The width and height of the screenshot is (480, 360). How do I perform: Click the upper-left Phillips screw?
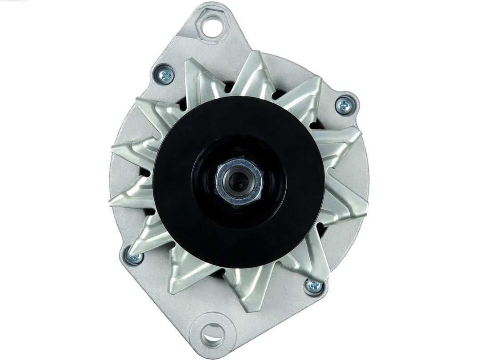tap(164, 74)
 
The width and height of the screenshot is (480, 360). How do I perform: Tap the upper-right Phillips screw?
tap(345, 105)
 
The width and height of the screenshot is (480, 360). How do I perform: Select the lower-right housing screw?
tap(314, 286)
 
